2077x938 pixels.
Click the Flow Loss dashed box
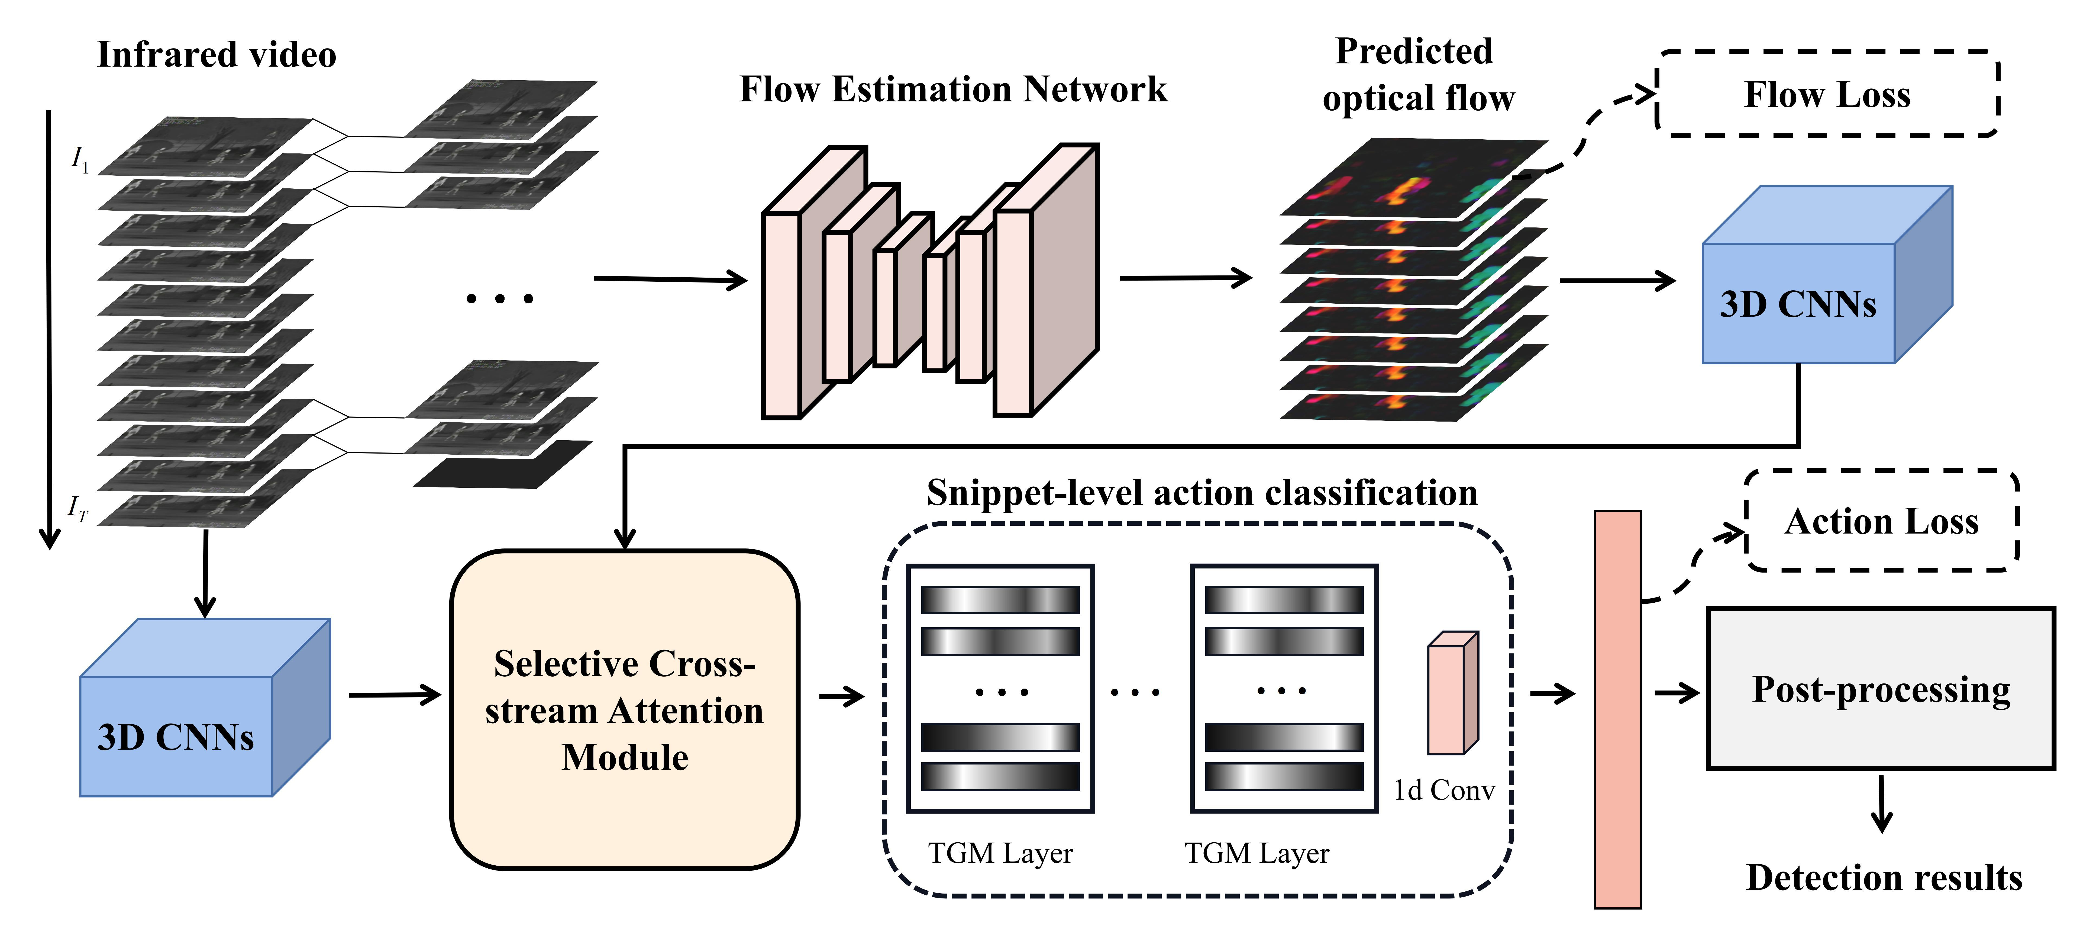click(x=1827, y=94)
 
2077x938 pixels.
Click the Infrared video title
click(x=216, y=55)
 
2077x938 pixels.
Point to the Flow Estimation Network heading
click(x=953, y=89)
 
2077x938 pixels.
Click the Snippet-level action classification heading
click(x=1201, y=493)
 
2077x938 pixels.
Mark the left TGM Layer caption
click(x=1000, y=853)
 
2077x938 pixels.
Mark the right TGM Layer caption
click(x=1256, y=853)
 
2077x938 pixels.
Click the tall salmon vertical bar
click(x=1617, y=710)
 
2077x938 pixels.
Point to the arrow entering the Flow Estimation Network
click(x=669, y=279)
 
